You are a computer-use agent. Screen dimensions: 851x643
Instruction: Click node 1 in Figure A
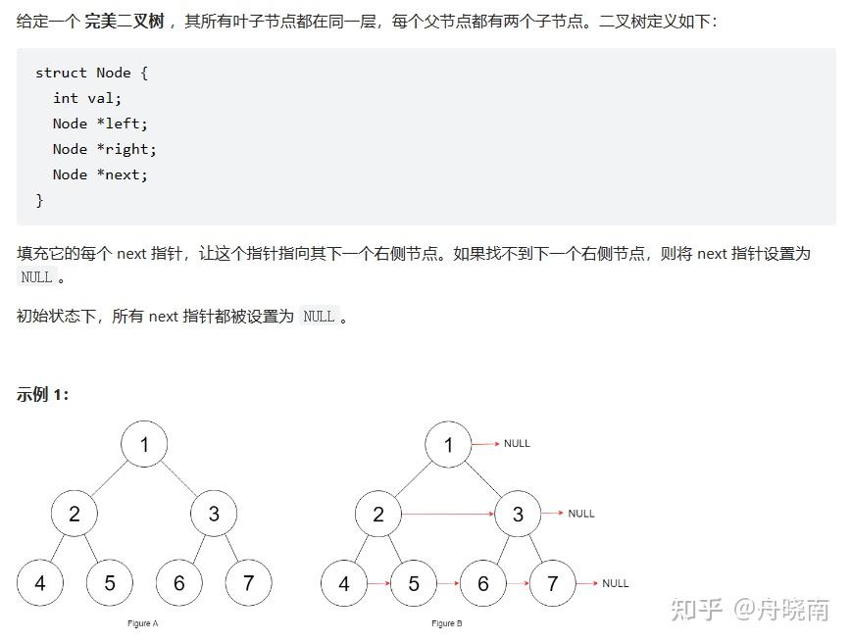point(144,445)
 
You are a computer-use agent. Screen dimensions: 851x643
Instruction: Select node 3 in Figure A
point(214,514)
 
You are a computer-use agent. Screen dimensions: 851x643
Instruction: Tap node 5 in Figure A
point(110,583)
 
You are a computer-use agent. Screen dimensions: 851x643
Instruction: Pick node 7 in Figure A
point(248,583)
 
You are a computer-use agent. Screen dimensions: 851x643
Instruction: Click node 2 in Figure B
point(378,514)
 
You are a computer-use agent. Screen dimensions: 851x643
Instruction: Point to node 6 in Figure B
point(483,583)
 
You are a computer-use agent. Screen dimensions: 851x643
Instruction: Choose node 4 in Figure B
point(344,583)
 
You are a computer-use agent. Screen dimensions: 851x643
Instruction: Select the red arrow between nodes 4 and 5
point(378,583)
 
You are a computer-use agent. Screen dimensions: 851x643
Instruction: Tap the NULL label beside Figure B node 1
point(517,444)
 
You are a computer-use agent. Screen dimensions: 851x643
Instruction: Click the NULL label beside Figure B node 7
point(615,583)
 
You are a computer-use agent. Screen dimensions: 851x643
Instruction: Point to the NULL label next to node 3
point(580,514)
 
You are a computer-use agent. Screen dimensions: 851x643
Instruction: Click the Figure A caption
point(143,623)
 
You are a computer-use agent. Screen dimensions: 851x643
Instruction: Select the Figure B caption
point(446,623)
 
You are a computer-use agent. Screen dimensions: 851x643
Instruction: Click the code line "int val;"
point(87,98)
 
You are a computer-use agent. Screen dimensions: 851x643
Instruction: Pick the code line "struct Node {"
point(91,73)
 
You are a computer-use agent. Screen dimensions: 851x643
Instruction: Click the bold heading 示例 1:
point(43,394)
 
